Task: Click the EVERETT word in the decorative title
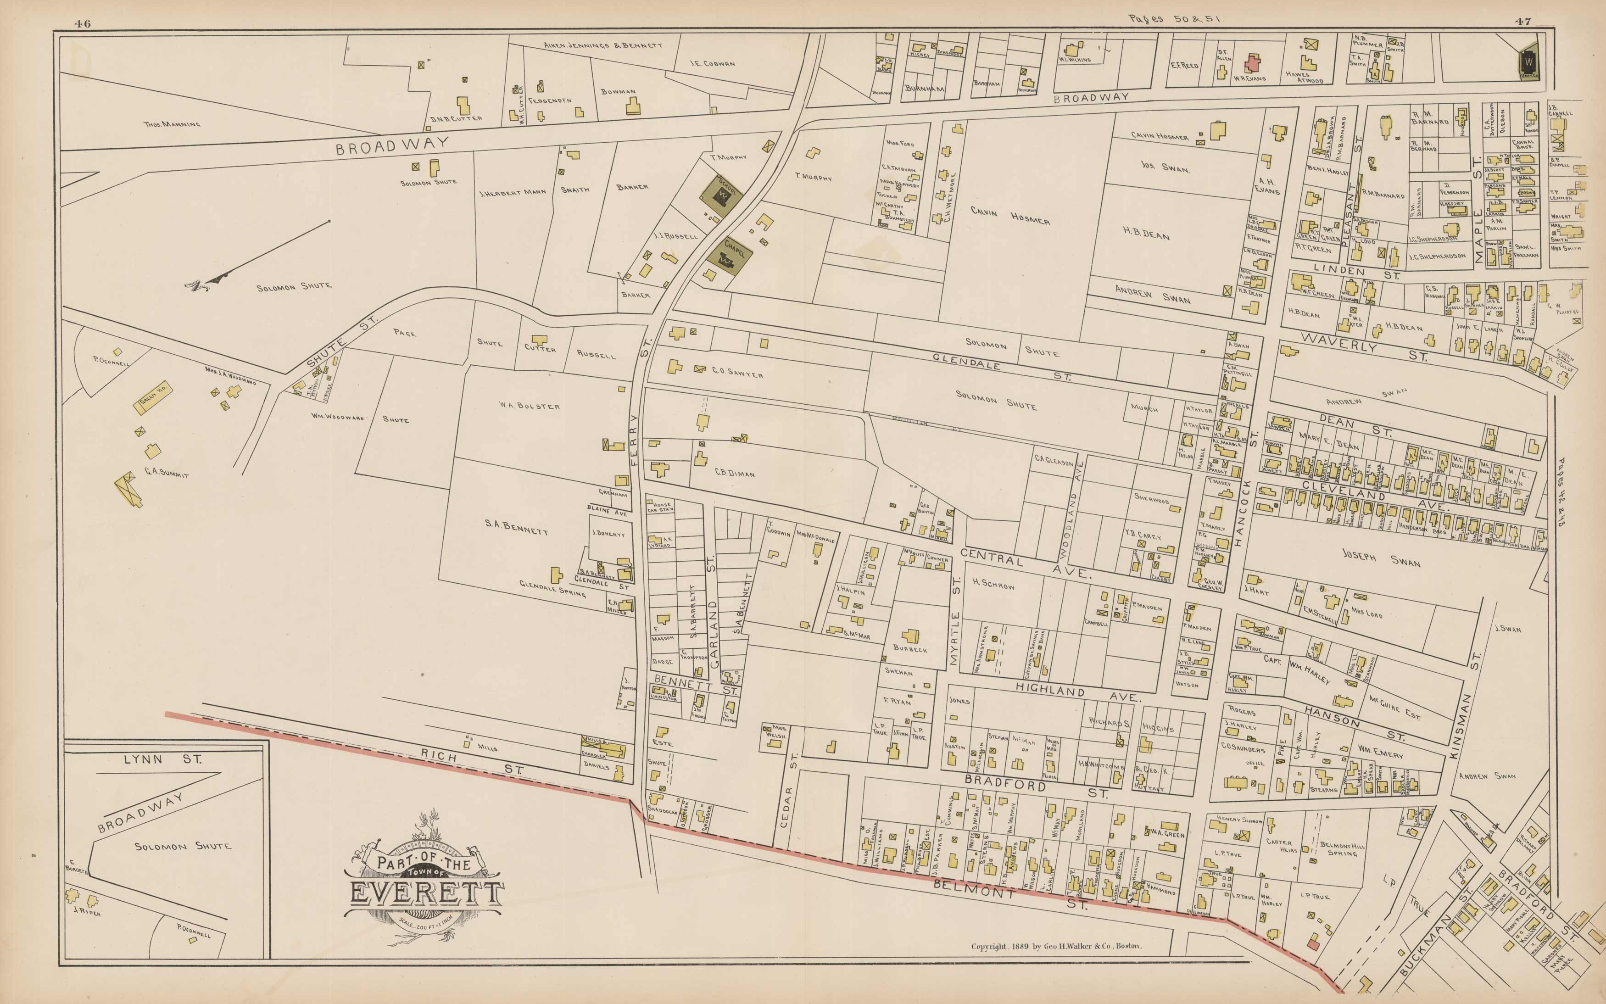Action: [x=425, y=893]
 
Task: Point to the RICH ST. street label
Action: [x=471, y=762]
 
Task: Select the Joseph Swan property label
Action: [x=1381, y=558]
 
